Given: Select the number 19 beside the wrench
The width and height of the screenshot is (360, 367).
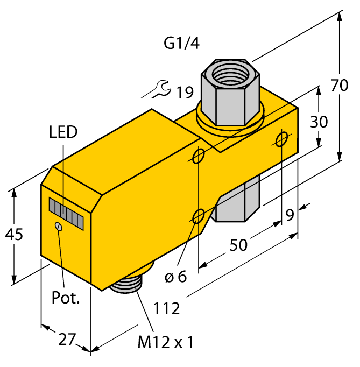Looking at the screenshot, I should [184, 93].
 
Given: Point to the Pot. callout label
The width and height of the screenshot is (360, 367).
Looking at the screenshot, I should [66, 298].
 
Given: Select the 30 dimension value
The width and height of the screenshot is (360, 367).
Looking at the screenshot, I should [319, 122].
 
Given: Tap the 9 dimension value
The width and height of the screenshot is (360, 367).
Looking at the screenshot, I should [290, 215].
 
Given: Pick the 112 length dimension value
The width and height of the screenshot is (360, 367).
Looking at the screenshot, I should [167, 309].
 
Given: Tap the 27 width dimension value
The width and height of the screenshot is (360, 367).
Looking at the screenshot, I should [67, 340].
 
